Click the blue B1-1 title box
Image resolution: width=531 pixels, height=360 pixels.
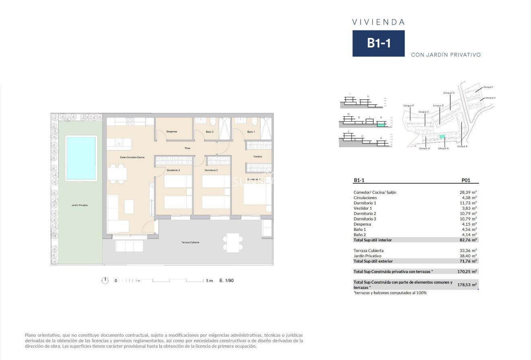click(378, 43)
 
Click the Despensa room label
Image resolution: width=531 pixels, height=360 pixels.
click(172, 132)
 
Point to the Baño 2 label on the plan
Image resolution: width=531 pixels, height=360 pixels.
click(209, 132)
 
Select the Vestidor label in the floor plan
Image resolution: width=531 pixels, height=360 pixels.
click(257, 156)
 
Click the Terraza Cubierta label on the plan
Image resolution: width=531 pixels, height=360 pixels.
click(190, 243)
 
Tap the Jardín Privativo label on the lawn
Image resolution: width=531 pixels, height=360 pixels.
click(79, 205)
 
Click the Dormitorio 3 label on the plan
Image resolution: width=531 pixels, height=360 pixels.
click(173, 170)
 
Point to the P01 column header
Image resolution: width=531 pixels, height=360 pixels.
click(465, 181)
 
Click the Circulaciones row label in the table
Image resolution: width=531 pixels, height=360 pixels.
click(365, 197)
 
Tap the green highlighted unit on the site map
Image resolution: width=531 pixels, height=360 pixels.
click(442, 137)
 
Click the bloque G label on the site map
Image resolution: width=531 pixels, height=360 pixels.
click(449, 93)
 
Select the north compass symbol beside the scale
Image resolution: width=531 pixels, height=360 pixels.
click(105, 280)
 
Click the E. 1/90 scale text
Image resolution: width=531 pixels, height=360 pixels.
click(226, 281)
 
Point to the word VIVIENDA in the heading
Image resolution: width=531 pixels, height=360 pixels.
click(378, 22)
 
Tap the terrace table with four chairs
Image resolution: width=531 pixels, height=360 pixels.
click(233, 243)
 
